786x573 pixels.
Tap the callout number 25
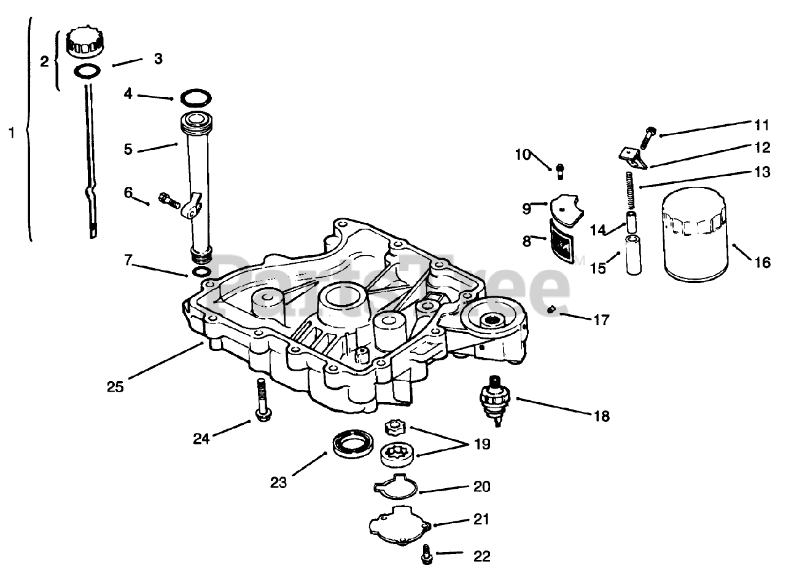(115, 387)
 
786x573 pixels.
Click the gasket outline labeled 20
(395, 487)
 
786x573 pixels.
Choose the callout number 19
(483, 444)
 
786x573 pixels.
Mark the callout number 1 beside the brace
(11, 132)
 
